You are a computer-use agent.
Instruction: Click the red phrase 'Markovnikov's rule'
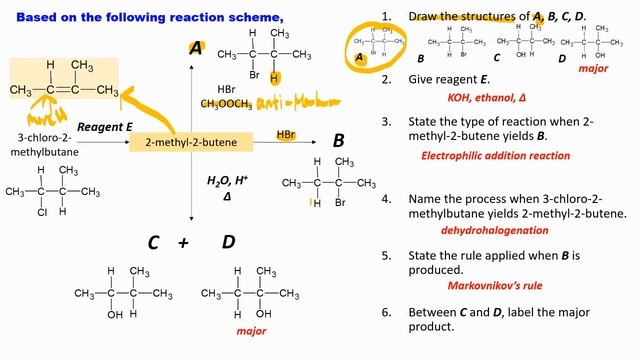482,285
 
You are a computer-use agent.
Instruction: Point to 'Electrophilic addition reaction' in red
496,156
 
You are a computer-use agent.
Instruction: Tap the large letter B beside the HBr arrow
338,140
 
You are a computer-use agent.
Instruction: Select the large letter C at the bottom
153,242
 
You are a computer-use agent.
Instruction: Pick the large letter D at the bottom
228,242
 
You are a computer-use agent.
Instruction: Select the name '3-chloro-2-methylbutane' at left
40,143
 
